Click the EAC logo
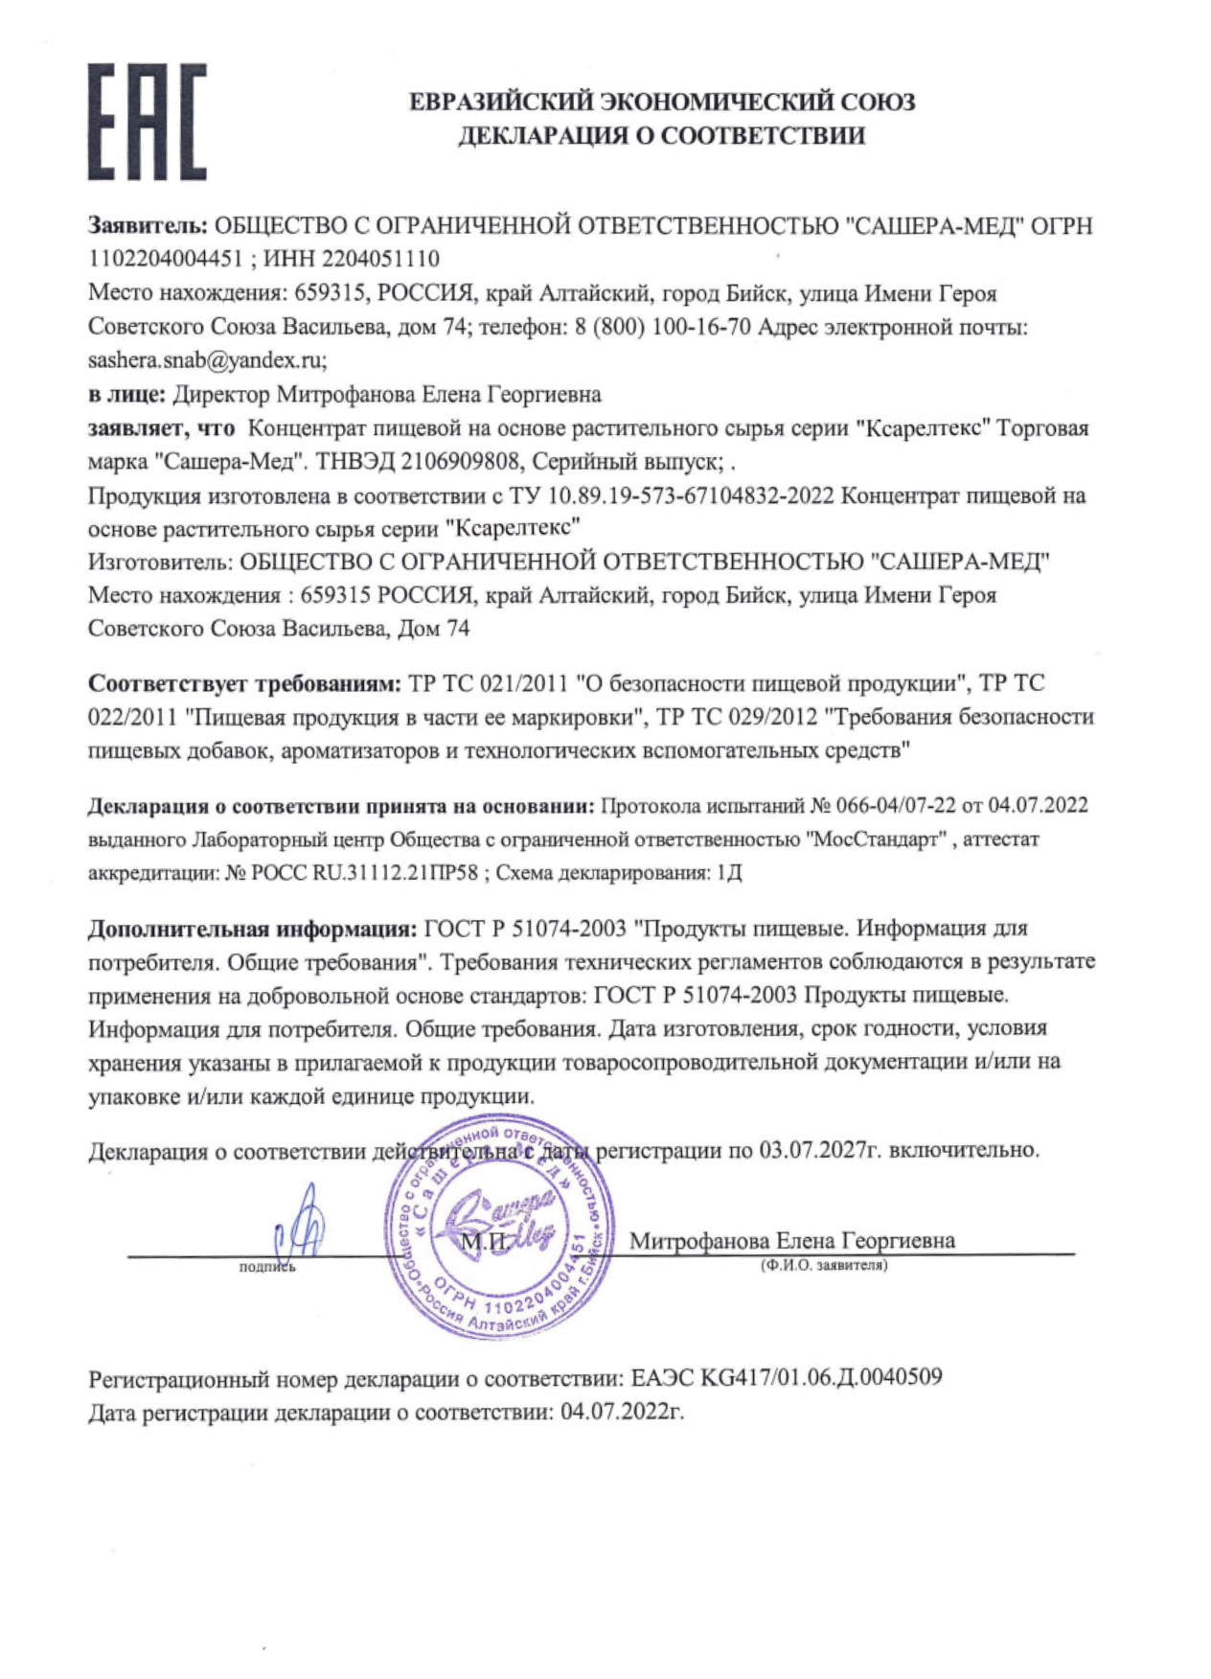147,122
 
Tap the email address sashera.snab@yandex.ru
207,360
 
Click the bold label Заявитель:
148,226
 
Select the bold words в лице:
126,394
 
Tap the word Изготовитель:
159,562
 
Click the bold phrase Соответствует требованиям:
244,683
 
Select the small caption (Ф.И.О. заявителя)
824,1266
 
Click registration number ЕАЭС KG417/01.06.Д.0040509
787,1378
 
